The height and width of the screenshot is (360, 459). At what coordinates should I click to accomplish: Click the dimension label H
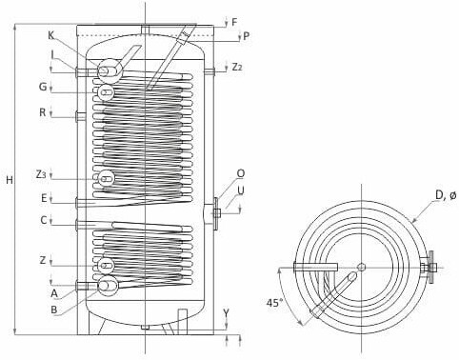coord(10,180)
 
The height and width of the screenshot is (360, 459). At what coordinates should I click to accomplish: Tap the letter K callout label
coord(51,36)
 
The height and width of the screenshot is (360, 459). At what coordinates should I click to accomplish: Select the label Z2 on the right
coord(237,67)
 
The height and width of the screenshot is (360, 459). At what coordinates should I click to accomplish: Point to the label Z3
coord(41,174)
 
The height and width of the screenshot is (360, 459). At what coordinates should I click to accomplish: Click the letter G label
coord(43,87)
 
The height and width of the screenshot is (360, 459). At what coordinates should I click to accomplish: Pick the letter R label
coord(43,112)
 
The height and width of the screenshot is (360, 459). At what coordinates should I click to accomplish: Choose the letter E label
coord(44,198)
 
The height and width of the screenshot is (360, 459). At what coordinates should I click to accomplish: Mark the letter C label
coord(44,220)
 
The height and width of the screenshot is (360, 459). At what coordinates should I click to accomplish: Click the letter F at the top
coord(234,22)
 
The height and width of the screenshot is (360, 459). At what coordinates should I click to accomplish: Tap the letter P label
coord(246,36)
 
